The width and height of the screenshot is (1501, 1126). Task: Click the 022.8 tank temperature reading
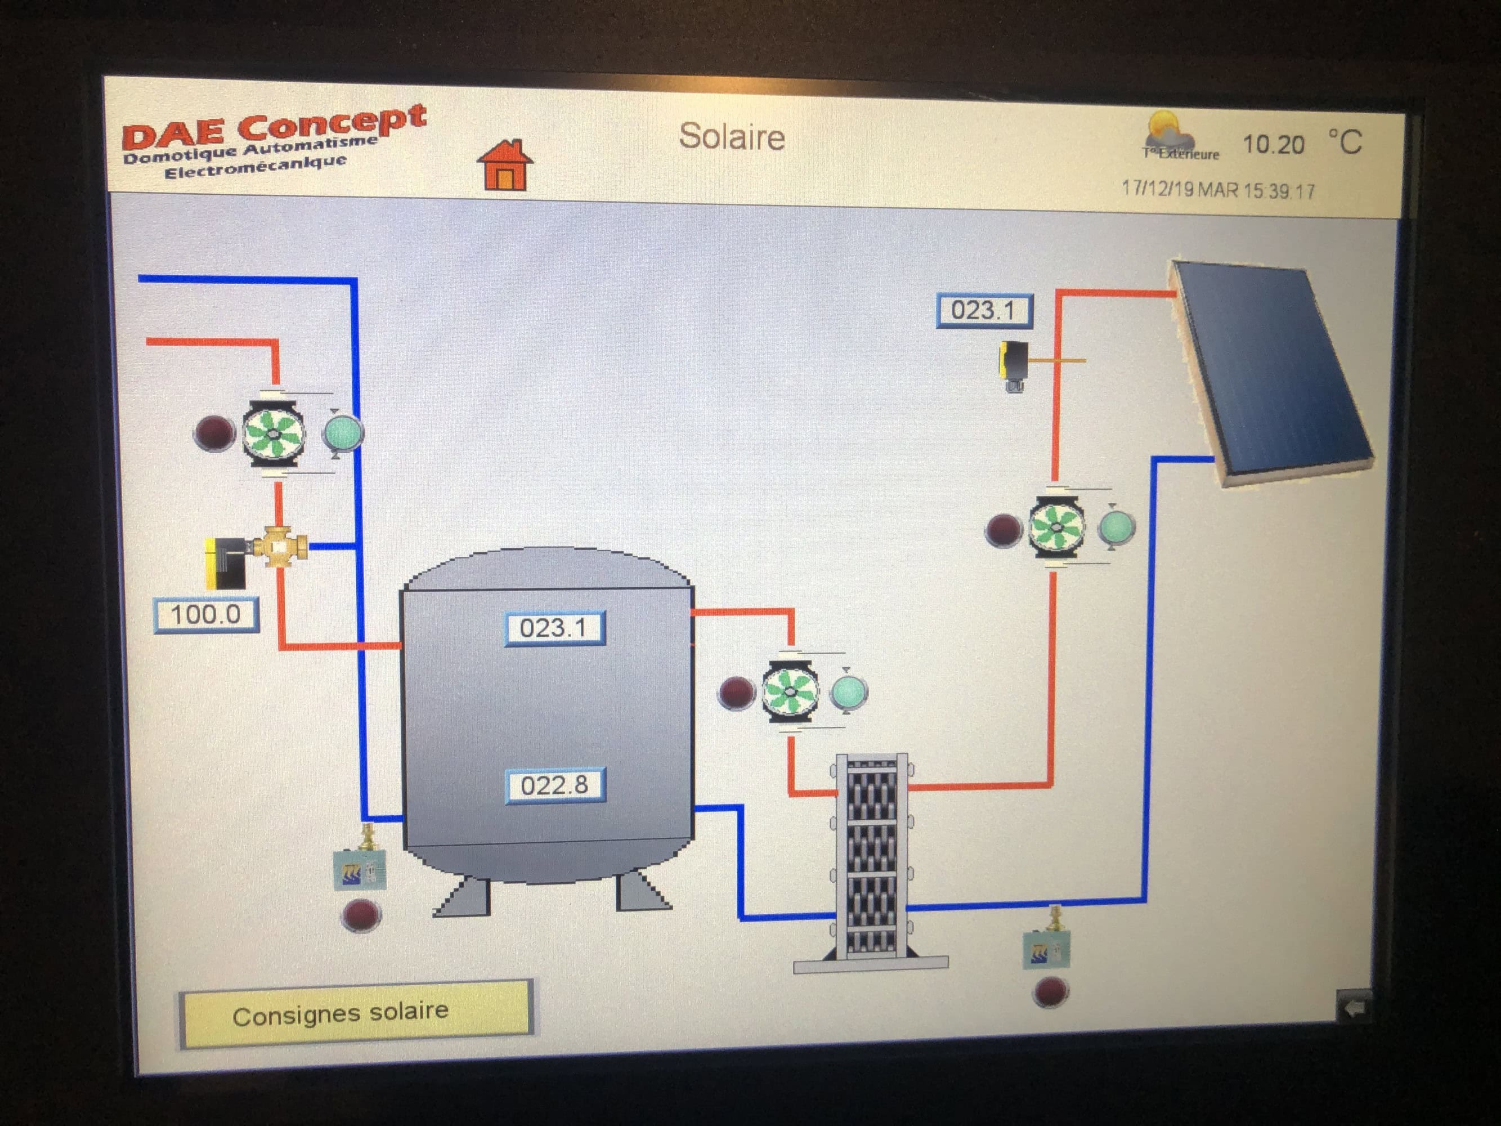click(x=554, y=785)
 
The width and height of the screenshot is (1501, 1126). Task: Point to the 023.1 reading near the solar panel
click(x=983, y=311)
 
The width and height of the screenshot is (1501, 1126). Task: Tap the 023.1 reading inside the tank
click(x=554, y=628)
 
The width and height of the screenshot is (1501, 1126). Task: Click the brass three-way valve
click(x=278, y=546)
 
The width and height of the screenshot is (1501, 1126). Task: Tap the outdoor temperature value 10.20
click(x=1273, y=145)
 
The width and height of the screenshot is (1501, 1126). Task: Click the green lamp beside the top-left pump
click(x=343, y=432)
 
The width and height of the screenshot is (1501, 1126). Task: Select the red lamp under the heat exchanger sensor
click(x=1049, y=991)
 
